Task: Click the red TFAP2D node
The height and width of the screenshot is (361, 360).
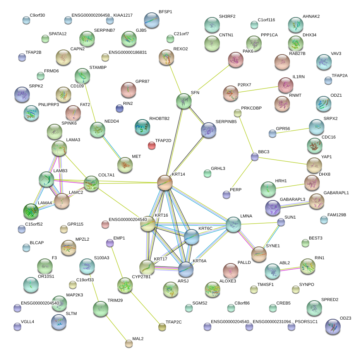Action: tap(152, 145)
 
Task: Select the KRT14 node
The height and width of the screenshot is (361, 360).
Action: tap(165, 182)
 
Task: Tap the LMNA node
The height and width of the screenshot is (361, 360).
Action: tap(233, 225)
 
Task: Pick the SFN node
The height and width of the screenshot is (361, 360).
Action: tap(183, 101)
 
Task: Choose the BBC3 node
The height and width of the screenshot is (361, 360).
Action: tap(254, 157)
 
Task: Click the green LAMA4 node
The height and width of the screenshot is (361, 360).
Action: tap(31, 211)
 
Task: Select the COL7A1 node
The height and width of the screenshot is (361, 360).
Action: tap(91, 183)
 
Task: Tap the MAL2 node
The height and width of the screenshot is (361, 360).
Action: tap(129, 343)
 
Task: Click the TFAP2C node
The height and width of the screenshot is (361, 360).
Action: tap(162, 327)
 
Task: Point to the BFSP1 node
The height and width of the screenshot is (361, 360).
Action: tap(151, 20)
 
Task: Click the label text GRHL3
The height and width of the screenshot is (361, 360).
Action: tap(218, 169)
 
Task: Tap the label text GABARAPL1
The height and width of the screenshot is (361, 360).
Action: tap(336, 192)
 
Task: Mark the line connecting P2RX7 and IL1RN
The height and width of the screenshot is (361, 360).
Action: tap(258, 88)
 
